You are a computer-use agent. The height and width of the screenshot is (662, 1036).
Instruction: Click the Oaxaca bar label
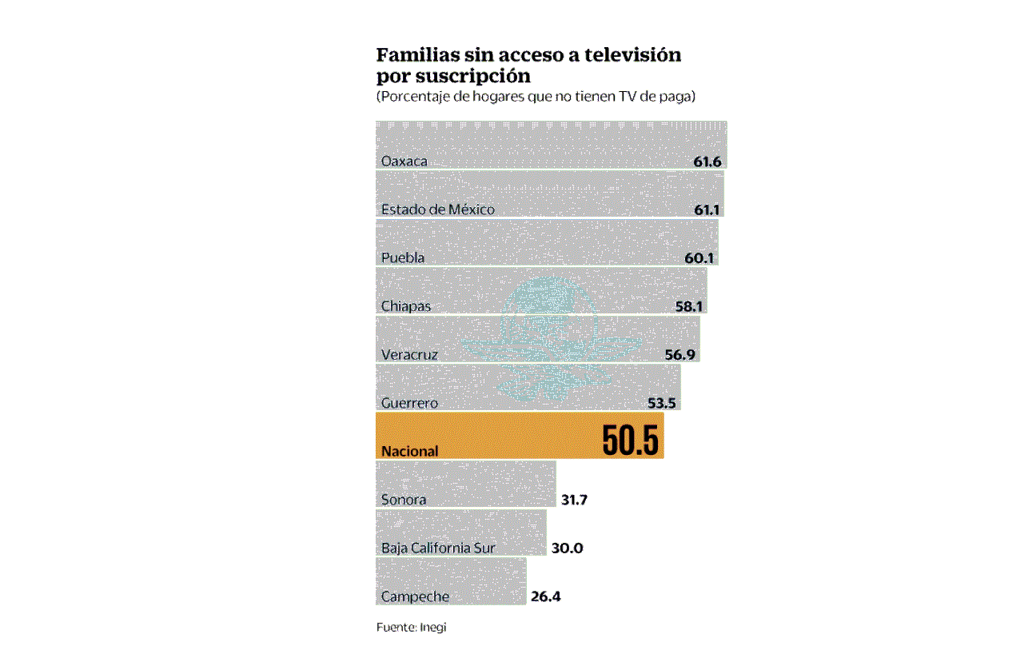pyautogui.click(x=404, y=162)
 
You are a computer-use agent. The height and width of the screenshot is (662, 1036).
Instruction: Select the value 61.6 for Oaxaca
pyautogui.click(x=707, y=162)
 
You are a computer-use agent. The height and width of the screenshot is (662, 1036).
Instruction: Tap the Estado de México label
pyautogui.click(x=438, y=209)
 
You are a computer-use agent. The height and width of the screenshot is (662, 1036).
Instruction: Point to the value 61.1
pyautogui.click(x=707, y=209)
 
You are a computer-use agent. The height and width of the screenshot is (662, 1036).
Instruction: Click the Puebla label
pyautogui.click(x=403, y=258)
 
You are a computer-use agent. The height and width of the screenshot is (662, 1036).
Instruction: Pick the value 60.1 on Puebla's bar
pyautogui.click(x=700, y=258)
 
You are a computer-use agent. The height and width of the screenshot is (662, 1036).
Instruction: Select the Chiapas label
pyautogui.click(x=406, y=306)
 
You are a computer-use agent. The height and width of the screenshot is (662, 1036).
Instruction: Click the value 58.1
pyautogui.click(x=689, y=306)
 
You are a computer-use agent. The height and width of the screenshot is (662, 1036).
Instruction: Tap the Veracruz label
pyautogui.click(x=409, y=355)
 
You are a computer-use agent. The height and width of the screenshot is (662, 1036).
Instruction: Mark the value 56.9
pyautogui.click(x=682, y=355)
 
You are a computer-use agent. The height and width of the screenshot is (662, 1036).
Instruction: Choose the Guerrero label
pyautogui.click(x=409, y=403)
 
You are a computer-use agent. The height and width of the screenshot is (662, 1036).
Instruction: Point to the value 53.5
pyautogui.click(x=663, y=403)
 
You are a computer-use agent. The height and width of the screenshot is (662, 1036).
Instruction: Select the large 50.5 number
pyautogui.click(x=631, y=440)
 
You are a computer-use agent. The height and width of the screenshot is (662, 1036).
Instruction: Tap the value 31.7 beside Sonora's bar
pyautogui.click(x=574, y=500)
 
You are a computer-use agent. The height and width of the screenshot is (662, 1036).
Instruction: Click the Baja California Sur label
pyautogui.click(x=438, y=548)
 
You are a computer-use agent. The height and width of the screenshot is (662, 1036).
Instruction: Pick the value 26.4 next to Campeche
pyautogui.click(x=545, y=596)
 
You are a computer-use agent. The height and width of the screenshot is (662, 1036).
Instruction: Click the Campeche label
pyautogui.click(x=415, y=596)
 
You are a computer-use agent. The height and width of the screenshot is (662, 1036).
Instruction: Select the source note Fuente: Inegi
pyautogui.click(x=411, y=628)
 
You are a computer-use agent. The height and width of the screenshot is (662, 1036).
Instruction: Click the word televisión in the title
pyautogui.click(x=632, y=55)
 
